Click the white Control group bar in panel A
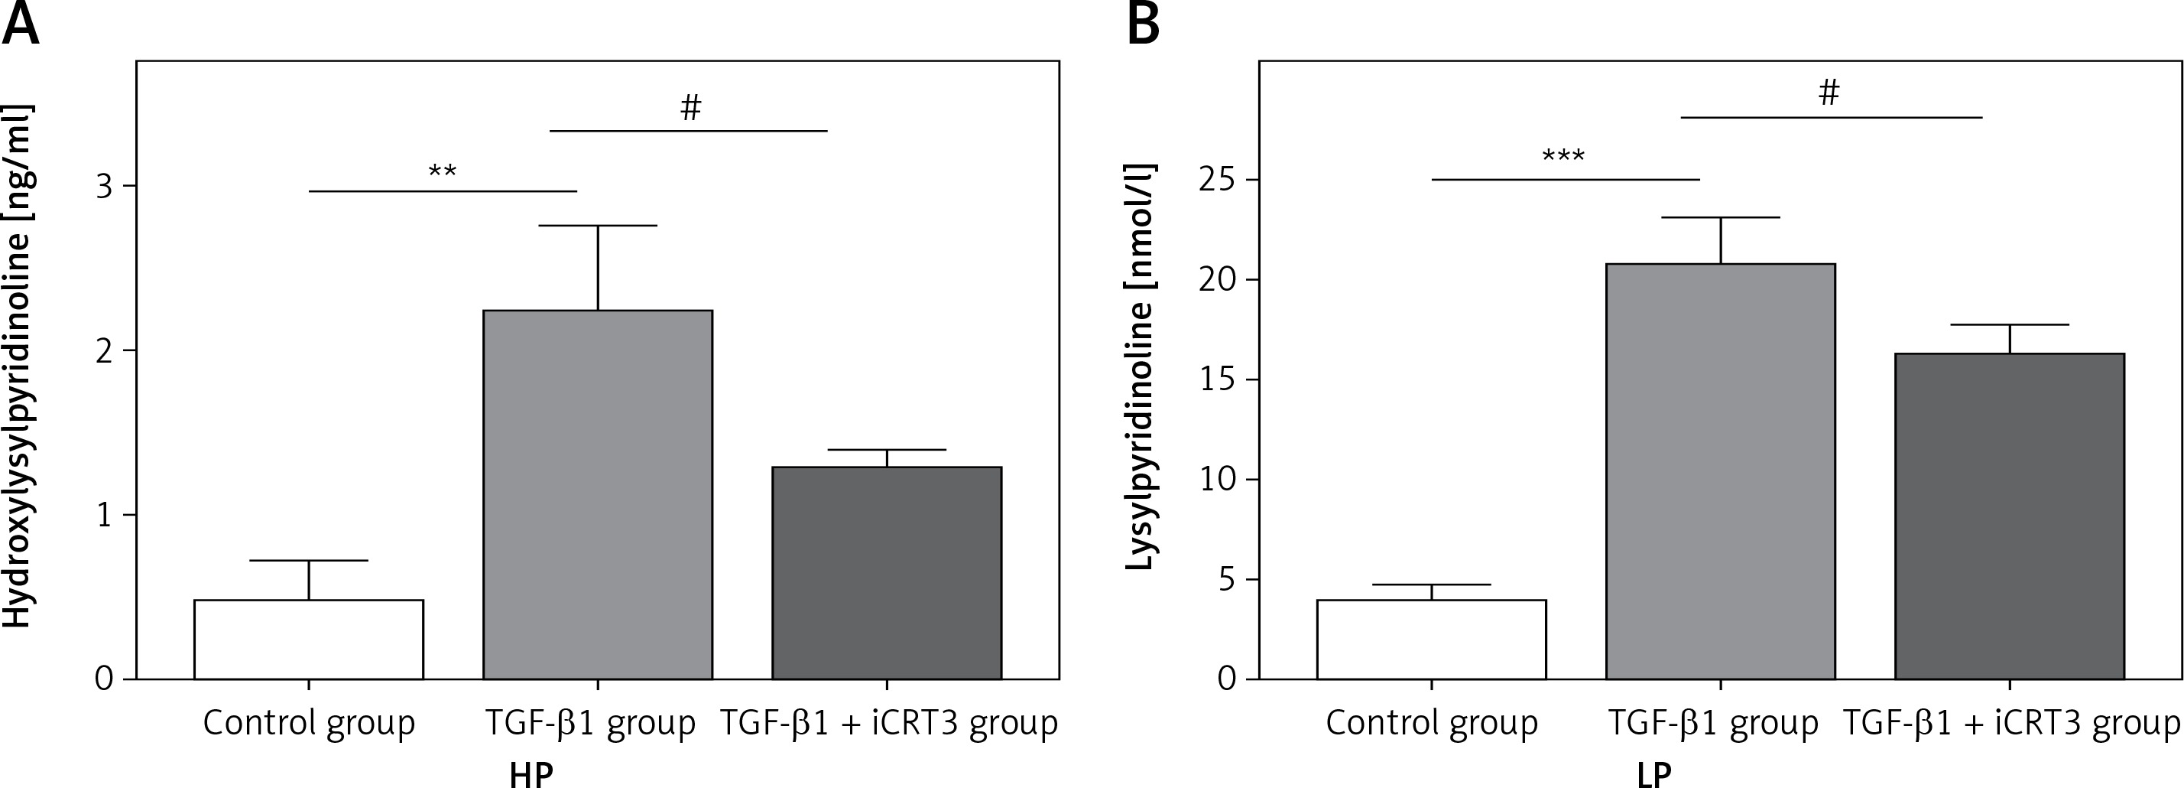[309, 640]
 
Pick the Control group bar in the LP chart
[1431, 640]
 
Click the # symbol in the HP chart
[691, 108]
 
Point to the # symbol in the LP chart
[1829, 93]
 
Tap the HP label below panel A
[531, 774]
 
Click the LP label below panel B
[1653, 774]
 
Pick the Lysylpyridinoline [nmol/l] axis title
[1141, 366]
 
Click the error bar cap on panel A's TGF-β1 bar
[598, 226]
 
